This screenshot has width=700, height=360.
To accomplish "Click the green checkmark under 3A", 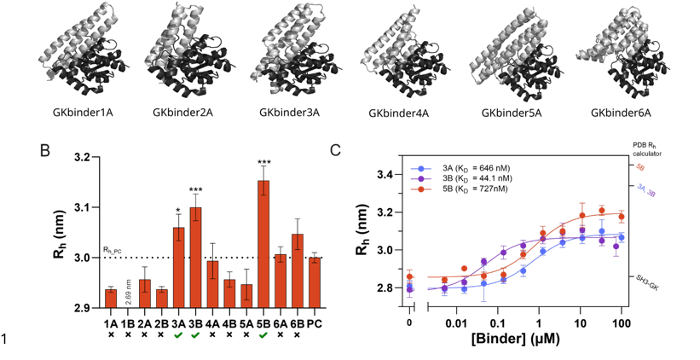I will [178, 334].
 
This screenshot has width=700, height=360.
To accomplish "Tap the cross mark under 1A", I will [111, 334].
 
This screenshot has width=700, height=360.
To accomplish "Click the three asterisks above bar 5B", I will [263, 163].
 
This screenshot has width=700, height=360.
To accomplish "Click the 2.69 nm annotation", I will [129, 291].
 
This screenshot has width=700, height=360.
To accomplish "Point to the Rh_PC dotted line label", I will [113, 251].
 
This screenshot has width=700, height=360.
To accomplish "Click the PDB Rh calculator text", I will [649, 150].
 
